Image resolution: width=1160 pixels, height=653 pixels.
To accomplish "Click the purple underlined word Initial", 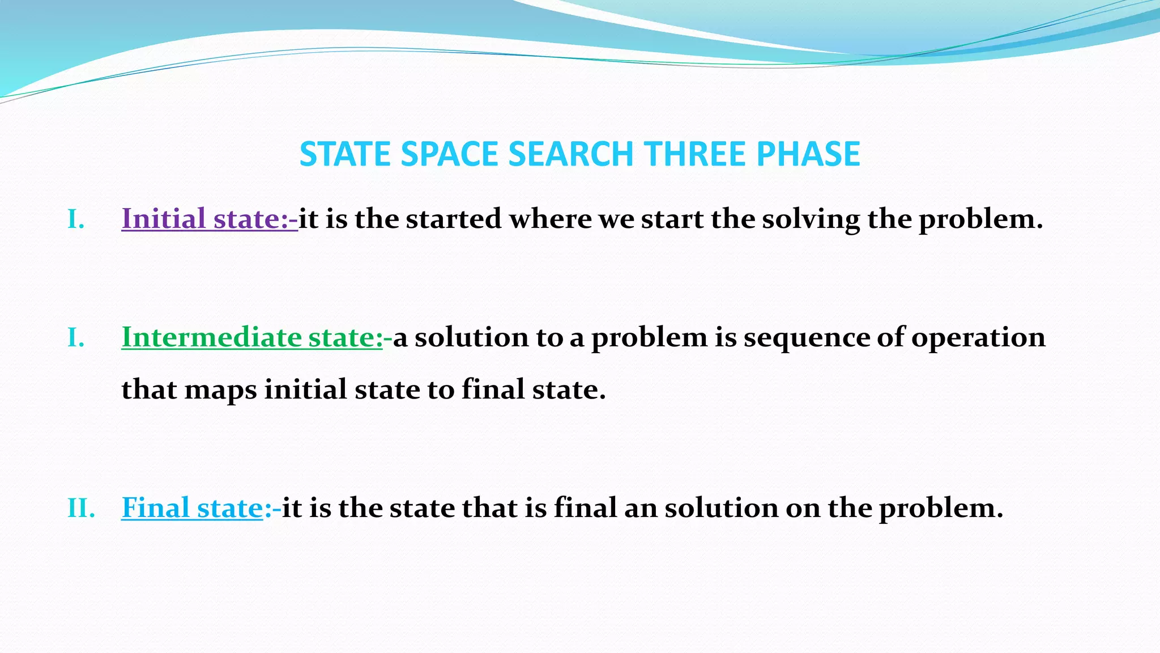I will click(163, 219).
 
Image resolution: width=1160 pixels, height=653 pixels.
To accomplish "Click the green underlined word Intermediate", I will click(211, 337).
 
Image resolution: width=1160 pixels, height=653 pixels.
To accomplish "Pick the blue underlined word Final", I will click(155, 507).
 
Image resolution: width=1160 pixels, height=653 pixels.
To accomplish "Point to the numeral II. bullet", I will click(81, 508).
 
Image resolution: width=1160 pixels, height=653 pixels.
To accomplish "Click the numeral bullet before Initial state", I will click(76, 219).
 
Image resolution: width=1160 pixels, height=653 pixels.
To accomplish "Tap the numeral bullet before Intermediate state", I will click(76, 338).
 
